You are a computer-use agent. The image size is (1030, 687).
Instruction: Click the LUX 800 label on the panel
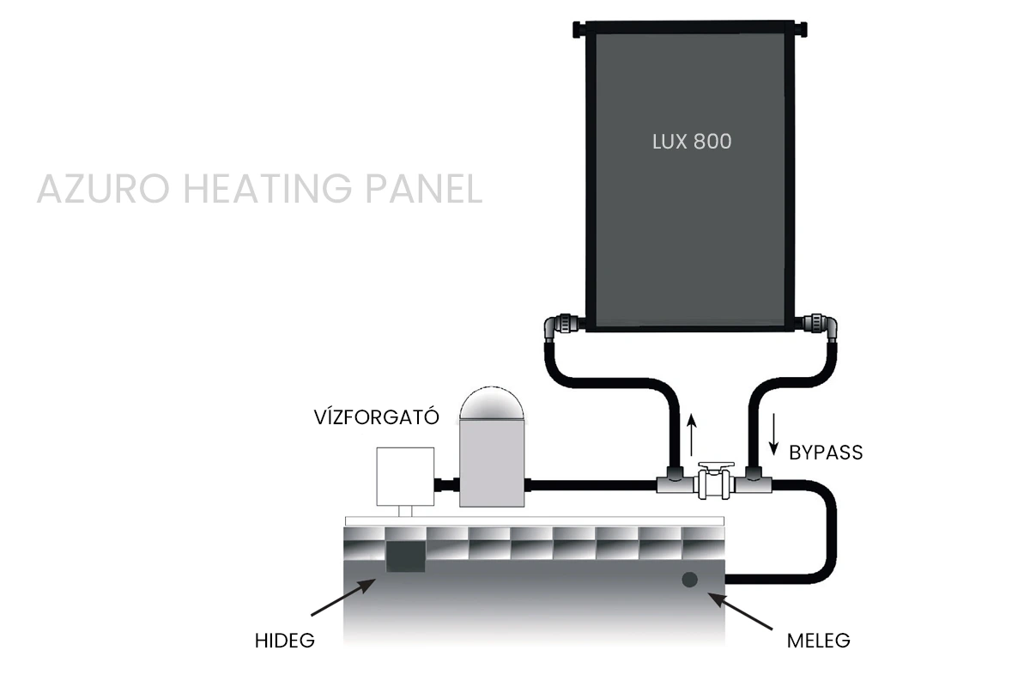tap(692, 141)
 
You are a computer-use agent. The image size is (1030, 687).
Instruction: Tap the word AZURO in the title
tap(98, 190)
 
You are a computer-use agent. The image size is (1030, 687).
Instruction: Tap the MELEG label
tap(818, 641)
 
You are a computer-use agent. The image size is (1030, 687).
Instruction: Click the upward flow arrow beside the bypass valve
tap(692, 433)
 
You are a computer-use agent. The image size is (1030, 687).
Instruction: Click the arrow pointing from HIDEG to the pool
tap(341, 599)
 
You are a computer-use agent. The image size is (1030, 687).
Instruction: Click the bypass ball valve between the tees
tap(714, 483)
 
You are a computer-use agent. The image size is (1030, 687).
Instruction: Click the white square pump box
tap(404, 477)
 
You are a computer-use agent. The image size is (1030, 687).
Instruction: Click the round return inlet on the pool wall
tap(689, 580)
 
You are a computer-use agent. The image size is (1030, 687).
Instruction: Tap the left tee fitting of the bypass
tap(672, 482)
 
